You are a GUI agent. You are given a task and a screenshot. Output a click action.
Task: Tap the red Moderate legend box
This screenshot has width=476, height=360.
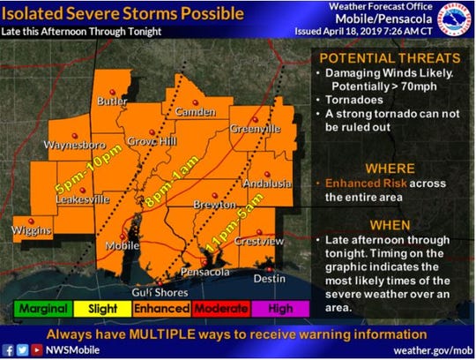click(x=220, y=309)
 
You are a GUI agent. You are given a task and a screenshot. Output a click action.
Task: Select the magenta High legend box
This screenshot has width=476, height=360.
click(x=279, y=309)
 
